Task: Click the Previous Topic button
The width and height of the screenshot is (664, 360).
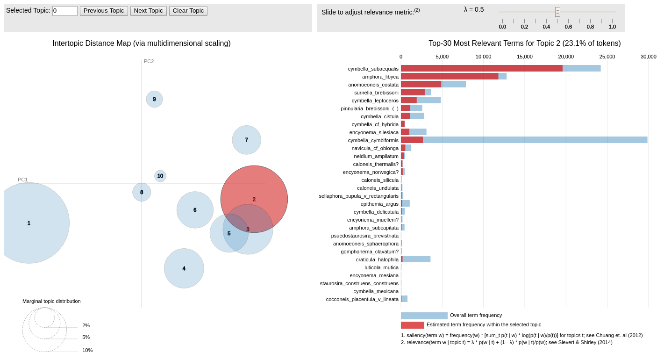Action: [104, 11]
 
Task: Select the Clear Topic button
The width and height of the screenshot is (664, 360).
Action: [188, 11]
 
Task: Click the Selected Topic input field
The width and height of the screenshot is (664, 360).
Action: [64, 11]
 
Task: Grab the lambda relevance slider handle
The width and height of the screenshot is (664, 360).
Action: [557, 12]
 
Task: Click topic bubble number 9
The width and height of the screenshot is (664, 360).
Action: [154, 99]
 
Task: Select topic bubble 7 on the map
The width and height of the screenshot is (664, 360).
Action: [246, 140]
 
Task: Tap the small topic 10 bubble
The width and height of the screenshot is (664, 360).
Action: [160, 176]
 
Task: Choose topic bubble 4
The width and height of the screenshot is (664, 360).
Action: [184, 268]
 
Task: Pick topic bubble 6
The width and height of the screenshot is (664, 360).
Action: [195, 210]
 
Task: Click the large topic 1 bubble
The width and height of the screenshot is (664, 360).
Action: [29, 223]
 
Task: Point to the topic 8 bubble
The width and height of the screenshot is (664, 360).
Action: [142, 192]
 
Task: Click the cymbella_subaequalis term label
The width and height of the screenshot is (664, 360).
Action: [373, 69]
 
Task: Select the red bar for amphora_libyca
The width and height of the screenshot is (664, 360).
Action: [449, 76]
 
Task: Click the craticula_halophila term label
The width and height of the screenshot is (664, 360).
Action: [377, 259]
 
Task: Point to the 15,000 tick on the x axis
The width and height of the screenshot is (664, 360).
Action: [524, 57]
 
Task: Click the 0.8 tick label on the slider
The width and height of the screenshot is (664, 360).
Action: [590, 27]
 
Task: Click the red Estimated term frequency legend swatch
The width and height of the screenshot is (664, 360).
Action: [412, 325]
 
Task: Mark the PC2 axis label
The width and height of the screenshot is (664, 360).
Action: [149, 61]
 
